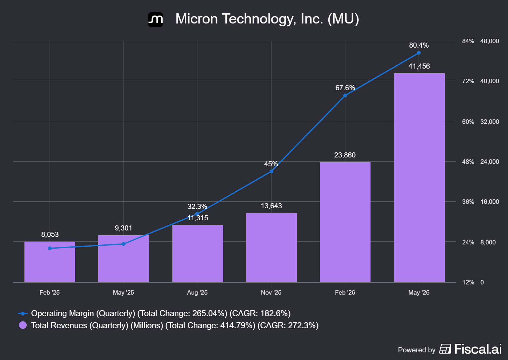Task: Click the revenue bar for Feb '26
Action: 345,222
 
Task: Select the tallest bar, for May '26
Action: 419,177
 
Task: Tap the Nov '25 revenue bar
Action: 271,247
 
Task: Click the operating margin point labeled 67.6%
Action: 345,96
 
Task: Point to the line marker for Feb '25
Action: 50,248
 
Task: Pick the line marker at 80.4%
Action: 419,53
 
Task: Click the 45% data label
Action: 271,164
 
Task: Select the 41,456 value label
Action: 419,66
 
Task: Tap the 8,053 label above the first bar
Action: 50,234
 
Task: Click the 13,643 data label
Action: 271,206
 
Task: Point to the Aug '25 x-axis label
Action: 197,292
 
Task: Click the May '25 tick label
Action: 124,292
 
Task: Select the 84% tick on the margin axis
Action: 468,41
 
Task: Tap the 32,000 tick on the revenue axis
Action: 490,122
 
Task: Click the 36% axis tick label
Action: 468,202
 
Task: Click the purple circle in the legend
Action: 23,325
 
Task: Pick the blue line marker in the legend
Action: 23,314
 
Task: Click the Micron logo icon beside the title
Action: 156,19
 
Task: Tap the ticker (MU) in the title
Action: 343,19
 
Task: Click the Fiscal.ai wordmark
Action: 478,349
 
